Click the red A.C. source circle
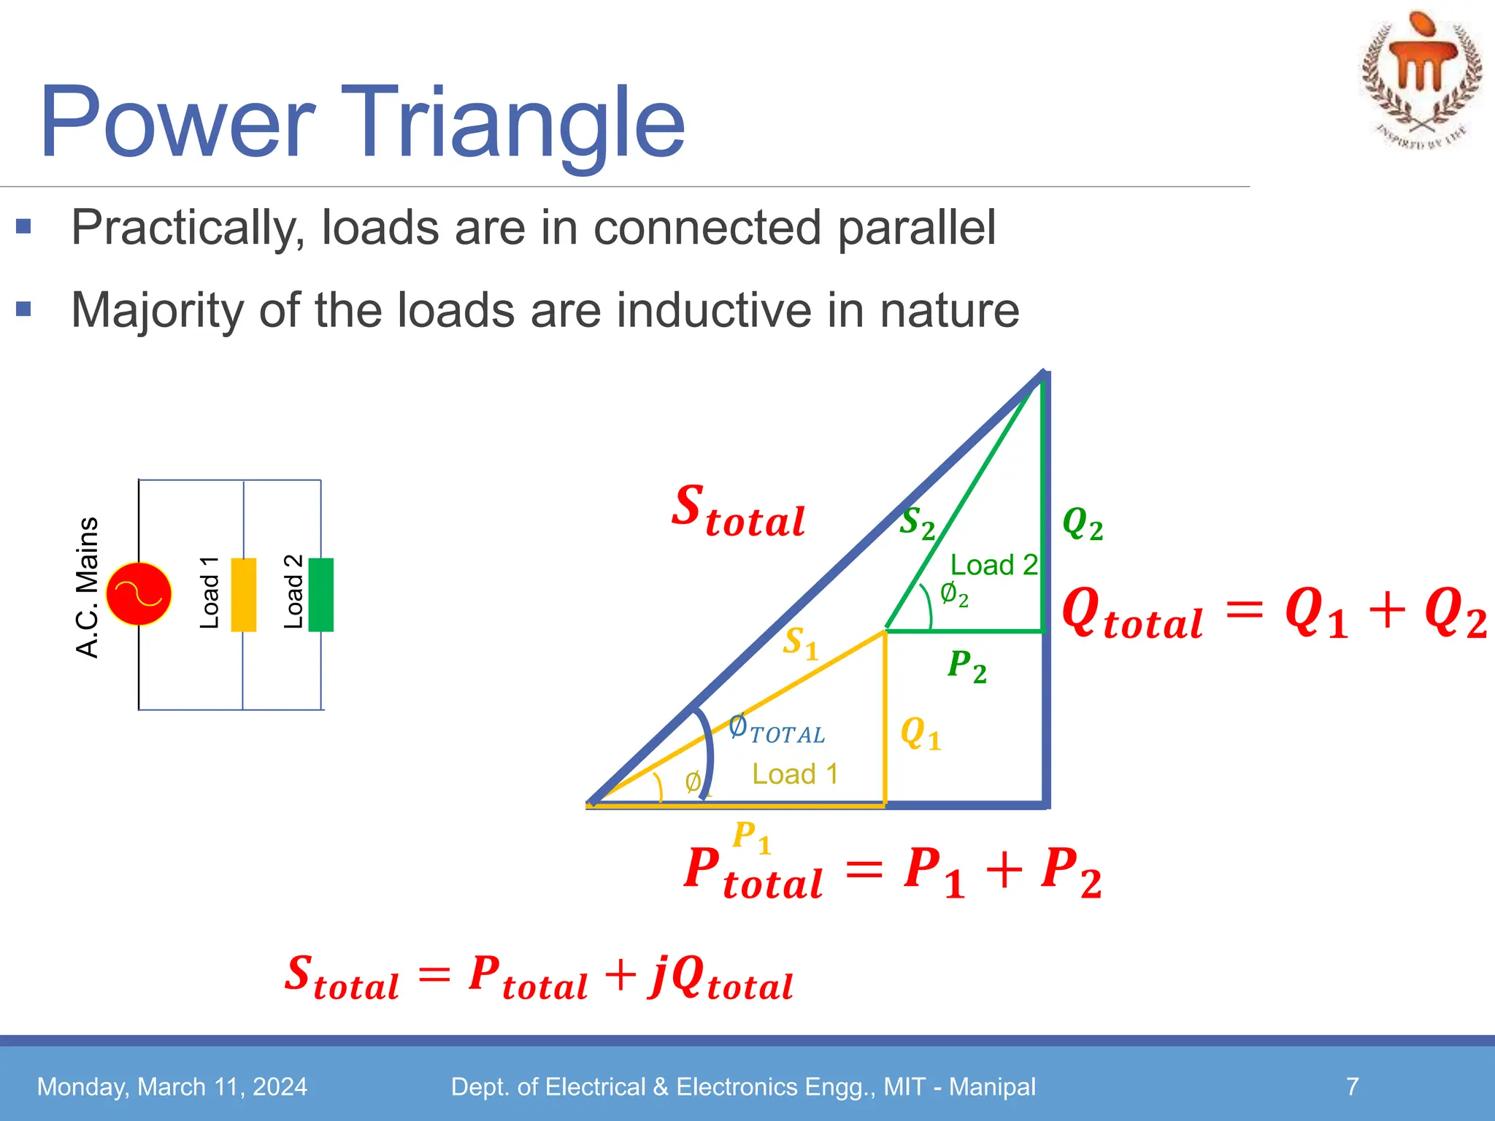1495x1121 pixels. [x=139, y=594]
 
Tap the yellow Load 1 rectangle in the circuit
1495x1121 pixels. [x=243, y=594]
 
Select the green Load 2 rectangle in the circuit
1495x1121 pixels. [x=320, y=594]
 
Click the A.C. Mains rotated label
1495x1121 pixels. [x=88, y=588]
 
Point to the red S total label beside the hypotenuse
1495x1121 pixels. [x=737, y=512]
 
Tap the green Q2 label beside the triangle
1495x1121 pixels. [x=1082, y=524]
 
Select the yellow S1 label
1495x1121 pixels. [x=800, y=644]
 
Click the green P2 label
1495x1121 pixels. [x=966, y=667]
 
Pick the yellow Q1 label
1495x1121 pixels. [x=921, y=733]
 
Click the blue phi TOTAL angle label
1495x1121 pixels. [x=777, y=730]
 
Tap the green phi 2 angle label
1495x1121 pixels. [x=953, y=596]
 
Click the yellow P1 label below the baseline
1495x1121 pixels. [x=752, y=837]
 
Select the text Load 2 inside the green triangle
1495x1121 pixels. [x=994, y=565]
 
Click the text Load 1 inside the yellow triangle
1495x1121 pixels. [x=795, y=774]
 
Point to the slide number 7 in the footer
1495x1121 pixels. [x=1352, y=1086]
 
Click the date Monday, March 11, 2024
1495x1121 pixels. [x=172, y=1087]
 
